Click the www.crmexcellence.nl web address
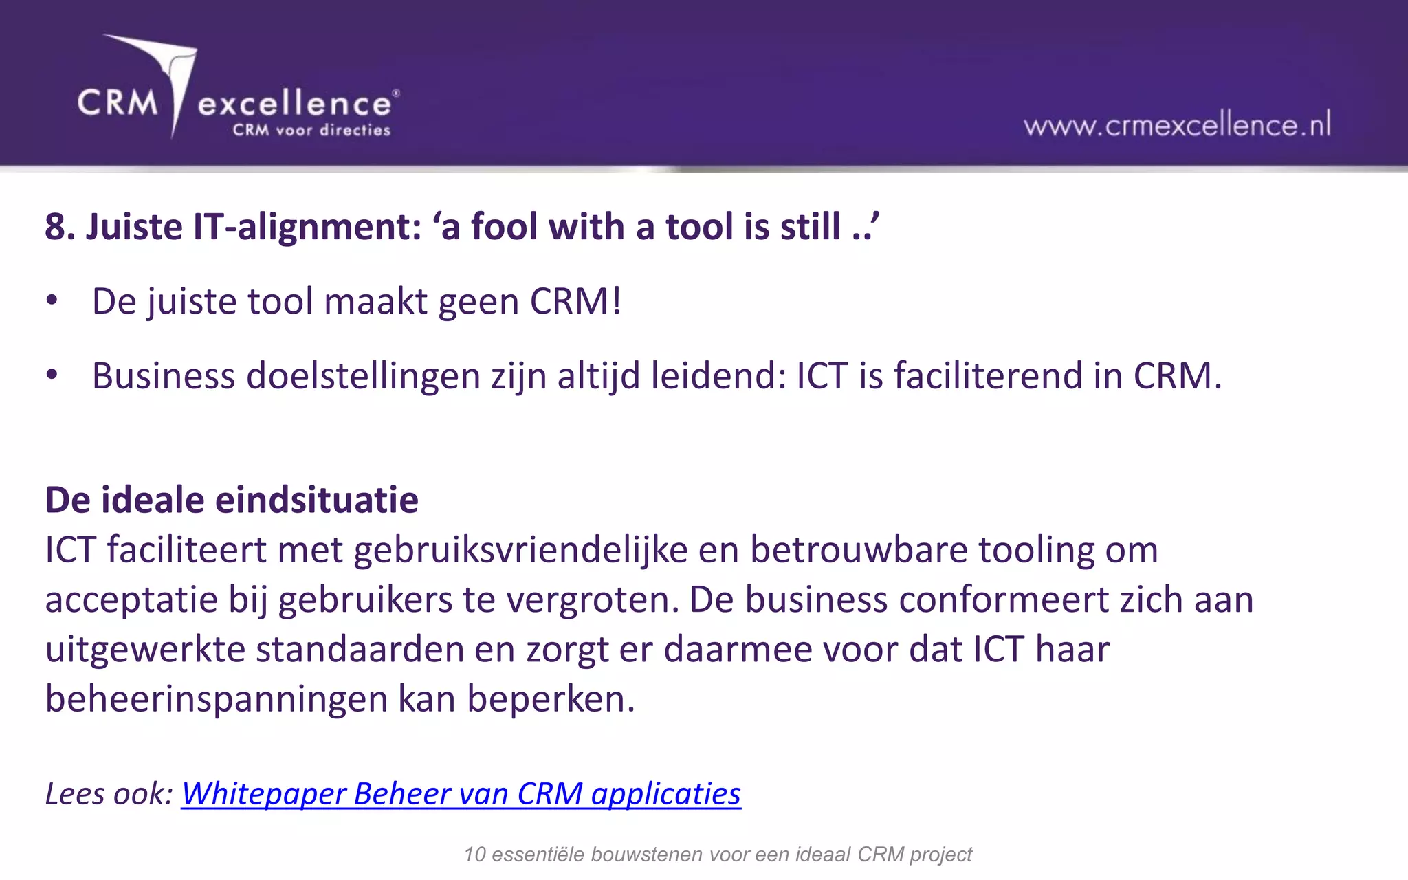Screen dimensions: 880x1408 (1177, 125)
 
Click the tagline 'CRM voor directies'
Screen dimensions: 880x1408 (311, 130)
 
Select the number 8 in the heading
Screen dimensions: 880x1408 (56, 227)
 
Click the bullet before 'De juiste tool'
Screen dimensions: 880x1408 (52, 301)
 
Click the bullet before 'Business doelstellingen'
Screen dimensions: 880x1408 (52, 375)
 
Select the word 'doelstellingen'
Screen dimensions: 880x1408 (363, 376)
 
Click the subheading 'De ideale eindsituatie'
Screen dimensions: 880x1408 (232, 500)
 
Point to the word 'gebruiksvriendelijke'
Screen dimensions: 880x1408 (520, 550)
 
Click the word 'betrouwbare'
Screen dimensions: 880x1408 (859, 550)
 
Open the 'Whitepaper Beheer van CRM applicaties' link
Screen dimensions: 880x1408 (461, 793)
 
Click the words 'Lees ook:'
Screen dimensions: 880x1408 (109, 793)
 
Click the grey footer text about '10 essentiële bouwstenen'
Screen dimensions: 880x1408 (718, 855)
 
